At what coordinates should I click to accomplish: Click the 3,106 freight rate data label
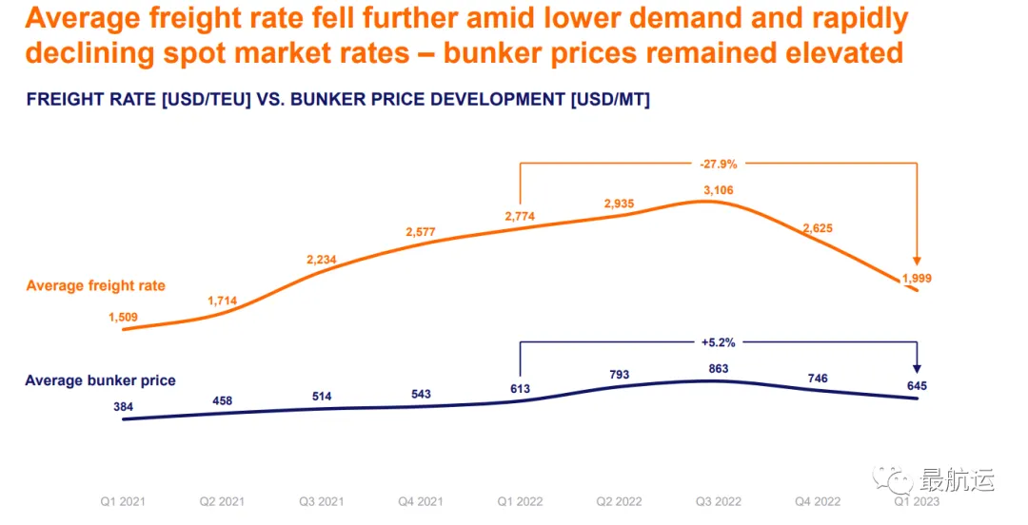[x=719, y=190]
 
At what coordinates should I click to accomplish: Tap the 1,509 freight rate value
[x=125, y=318]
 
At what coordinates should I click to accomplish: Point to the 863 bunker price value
[x=720, y=368]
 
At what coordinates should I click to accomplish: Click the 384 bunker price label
[x=125, y=406]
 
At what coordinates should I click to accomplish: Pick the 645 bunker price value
[x=917, y=385]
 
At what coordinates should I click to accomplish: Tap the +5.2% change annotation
[x=719, y=340]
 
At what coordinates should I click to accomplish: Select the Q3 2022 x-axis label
[x=719, y=502]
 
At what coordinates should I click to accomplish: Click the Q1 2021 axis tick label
[x=124, y=502]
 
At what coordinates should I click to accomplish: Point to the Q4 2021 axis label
[x=421, y=502]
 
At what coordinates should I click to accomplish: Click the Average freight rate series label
[x=95, y=285]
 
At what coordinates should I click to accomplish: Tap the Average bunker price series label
[x=100, y=380]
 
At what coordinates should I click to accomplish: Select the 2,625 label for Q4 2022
[x=819, y=228]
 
